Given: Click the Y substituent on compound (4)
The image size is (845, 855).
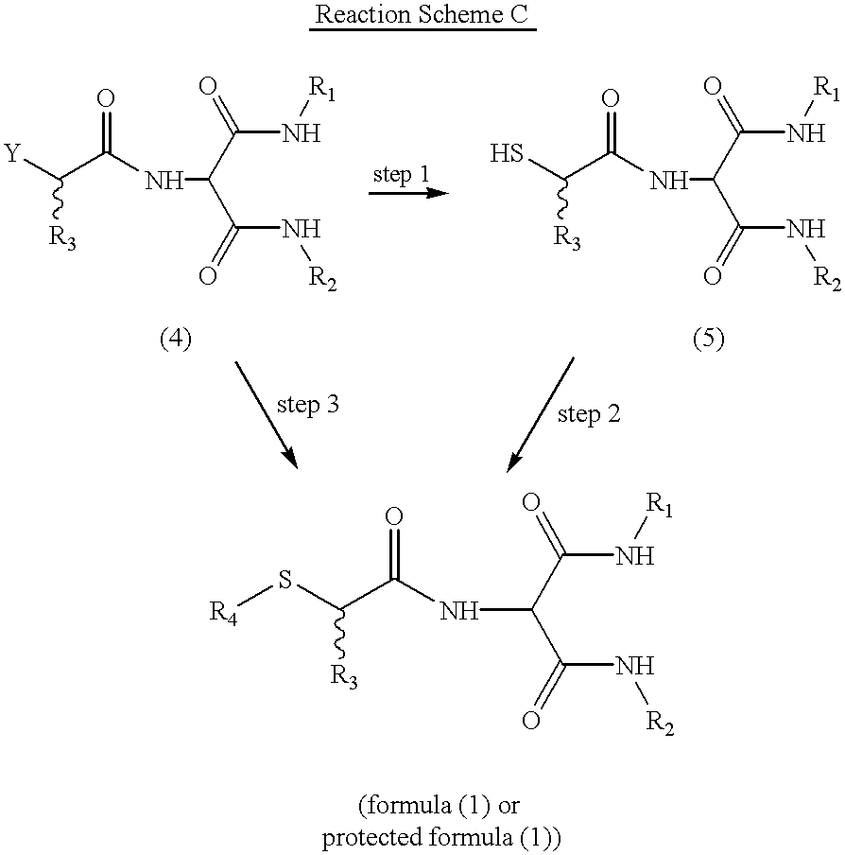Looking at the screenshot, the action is point(12,153).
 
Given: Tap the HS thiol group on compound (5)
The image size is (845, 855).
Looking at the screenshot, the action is point(506,153).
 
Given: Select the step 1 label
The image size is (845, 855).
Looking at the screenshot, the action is point(401,174).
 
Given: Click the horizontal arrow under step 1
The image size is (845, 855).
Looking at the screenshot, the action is point(408,193).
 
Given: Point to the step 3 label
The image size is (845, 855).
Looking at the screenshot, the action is point(308,405).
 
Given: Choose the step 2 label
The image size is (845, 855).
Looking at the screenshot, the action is point(589,414).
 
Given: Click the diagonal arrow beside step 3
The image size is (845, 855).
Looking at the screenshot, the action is point(267,415).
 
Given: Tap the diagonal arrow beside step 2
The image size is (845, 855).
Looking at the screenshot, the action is point(540,415).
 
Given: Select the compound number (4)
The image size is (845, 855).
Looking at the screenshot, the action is point(176,340).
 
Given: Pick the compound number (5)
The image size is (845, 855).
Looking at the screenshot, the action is point(708,340).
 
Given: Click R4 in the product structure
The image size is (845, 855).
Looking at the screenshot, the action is point(223,613).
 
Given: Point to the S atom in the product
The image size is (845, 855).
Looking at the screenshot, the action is point(285,580).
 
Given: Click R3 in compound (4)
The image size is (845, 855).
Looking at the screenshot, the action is point(62,237).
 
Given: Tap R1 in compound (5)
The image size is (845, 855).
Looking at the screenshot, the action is point(826,88).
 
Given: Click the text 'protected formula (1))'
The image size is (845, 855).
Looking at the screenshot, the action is point(441,838).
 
